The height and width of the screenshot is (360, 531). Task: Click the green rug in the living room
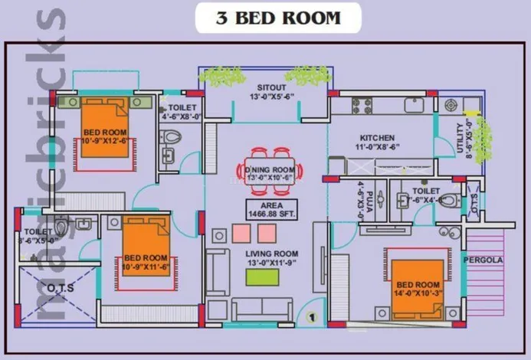click(x=262, y=277)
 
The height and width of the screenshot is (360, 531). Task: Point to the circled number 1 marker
click(x=312, y=316)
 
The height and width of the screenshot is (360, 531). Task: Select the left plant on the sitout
click(x=222, y=75)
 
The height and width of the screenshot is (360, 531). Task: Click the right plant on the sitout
click(x=307, y=74)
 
